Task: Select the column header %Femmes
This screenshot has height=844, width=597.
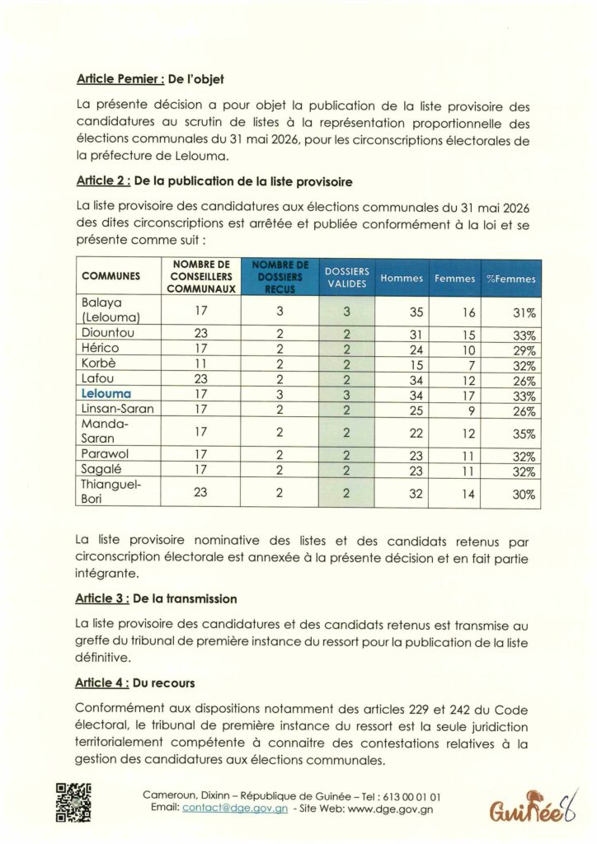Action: (510, 279)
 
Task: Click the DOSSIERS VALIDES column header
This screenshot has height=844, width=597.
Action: (347, 278)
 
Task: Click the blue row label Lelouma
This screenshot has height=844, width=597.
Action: (107, 394)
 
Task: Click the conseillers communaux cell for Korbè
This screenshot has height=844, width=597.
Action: (201, 364)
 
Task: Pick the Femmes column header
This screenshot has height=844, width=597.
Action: (455, 279)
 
